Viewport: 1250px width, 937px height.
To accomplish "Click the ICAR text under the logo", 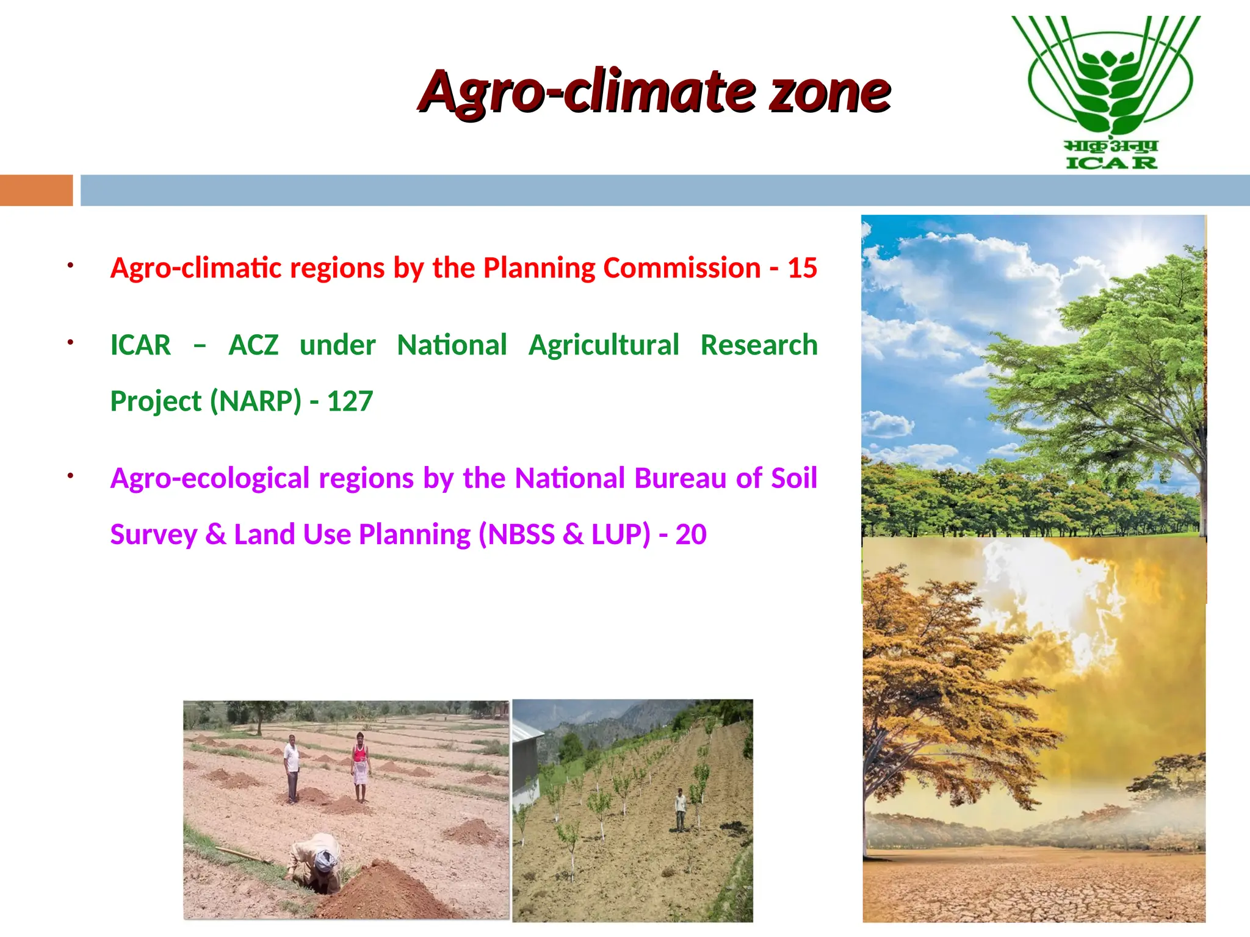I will pos(1111,163).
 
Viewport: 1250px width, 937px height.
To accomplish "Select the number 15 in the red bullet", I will pos(802,268).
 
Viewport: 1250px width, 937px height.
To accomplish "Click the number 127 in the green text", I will pos(350,401).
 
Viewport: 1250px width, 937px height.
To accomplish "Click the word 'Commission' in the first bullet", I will pos(682,268).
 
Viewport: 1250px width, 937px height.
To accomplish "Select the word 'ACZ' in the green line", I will pos(253,345).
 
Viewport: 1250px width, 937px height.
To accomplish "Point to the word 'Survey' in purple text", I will pos(153,535).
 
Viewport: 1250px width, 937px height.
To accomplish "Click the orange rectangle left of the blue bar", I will pos(36,190).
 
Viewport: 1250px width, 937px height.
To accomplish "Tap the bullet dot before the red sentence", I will pos(71,265).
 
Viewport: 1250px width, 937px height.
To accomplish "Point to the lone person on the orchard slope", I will pos(680,810).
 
